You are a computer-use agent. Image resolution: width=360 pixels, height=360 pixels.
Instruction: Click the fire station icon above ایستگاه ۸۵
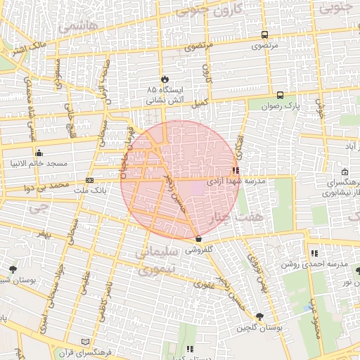pos(165,79)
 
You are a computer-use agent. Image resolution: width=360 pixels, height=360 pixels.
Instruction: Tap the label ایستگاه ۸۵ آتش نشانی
pos(165,96)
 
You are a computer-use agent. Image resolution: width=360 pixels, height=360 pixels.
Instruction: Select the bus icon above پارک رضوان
pos(281,95)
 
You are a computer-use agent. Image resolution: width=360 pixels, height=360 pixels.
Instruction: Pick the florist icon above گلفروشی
pos(199,238)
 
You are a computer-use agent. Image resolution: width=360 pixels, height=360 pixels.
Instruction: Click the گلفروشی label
pos(199,250)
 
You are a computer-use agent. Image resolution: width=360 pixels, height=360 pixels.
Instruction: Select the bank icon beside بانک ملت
pos(89,181)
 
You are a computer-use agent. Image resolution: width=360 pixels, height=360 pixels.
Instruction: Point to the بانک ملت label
pos(95,191)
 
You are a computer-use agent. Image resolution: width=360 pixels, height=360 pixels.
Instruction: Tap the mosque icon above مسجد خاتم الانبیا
pos(38,153)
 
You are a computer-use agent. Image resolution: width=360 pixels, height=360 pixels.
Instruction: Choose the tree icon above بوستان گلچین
pos(260,317)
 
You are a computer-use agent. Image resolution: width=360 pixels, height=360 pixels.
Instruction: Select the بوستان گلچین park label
pos(259,328)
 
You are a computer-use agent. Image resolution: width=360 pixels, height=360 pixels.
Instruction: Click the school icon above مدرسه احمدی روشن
pos(314,253)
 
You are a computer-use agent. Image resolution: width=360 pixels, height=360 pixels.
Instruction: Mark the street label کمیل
pos(202,103)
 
